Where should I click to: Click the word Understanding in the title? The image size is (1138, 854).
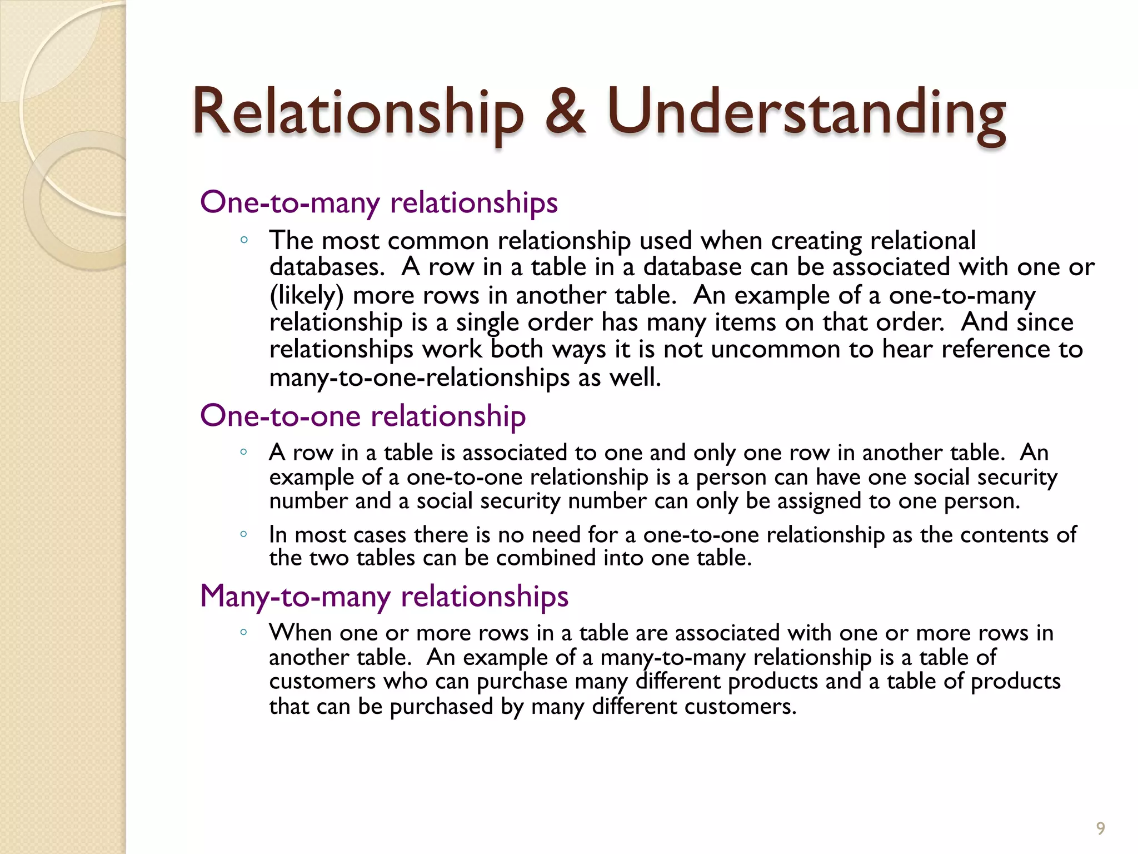(x=806, y=114)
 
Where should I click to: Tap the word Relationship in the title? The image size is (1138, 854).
(x=358, y=114)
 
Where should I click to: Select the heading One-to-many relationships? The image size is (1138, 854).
(x=378, y=202)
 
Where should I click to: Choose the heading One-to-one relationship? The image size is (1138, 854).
(x=363, y=416)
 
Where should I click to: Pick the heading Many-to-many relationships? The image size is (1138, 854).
(x=384, y=597)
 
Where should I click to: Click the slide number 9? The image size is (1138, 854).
(x=1100, y=828)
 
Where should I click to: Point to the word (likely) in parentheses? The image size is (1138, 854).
(x=307, y=295)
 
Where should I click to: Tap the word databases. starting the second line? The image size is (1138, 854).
(x=327, y=267)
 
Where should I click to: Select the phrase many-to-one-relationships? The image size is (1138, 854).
(x=420, y=378)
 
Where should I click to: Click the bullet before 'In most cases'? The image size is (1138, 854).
(x=243, y=534)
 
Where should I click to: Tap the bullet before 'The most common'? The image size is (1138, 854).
(x=243, y=240)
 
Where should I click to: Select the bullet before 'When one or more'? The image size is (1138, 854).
(x=243, y=632)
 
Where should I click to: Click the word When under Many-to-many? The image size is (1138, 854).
(x=300, y=633)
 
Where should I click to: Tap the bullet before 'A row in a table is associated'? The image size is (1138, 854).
(x=243, y=452)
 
